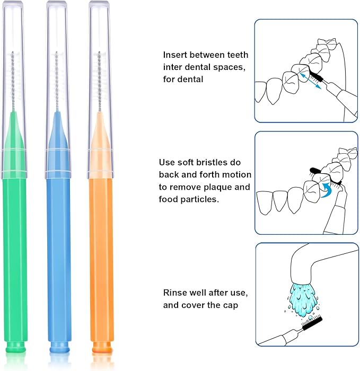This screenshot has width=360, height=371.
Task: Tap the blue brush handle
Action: tap(59, 254)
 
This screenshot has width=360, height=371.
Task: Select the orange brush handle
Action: tap(101, 254)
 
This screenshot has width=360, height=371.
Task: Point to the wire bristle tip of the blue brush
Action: tap(56, 79)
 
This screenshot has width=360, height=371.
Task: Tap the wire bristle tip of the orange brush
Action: tap(99, 79)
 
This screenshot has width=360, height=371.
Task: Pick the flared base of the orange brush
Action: tap(101, 348)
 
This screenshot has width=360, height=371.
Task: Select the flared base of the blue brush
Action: tap(59, 348)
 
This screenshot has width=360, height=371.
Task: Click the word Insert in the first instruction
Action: tap(174, 55)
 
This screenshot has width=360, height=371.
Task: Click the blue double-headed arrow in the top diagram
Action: tap(309, 82)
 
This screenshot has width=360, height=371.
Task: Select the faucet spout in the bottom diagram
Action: tap(304, 265)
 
